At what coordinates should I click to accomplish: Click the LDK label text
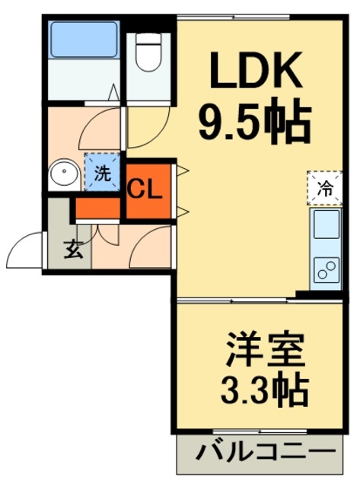(x=256, y=70)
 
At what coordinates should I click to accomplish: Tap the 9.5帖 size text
(x=255, y=121)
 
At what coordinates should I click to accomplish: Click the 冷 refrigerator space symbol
(x=325, y=188)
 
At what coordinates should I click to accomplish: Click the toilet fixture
(x=148, y=53)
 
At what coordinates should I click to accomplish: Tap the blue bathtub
(x=84, y=40)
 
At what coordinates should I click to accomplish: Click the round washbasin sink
(x=64, y=172)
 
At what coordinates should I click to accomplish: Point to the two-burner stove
(x=327, y=271)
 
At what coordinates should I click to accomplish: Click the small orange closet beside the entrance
(x=98, y=208)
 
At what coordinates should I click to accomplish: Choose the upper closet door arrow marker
(x=183, y=170)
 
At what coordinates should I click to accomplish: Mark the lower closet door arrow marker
(x=183, y=212)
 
